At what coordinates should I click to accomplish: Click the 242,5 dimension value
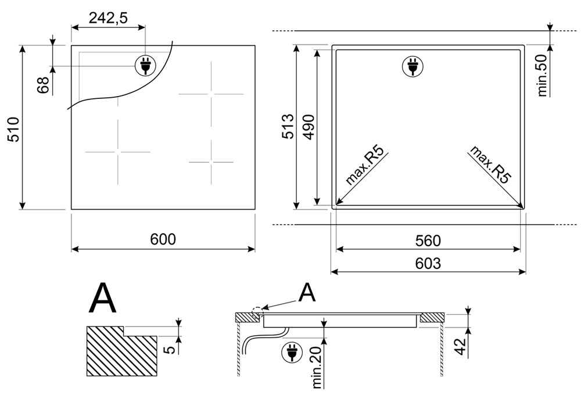click(x=108, y=17)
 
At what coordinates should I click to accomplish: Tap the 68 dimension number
click(x=44, y=85)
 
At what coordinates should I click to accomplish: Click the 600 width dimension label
click(x=163, y=239)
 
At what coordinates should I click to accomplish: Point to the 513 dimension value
click(x=288, y=127)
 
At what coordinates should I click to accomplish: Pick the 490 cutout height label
click(x=309, y=127)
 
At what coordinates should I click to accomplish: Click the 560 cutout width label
click(x=428, y=241)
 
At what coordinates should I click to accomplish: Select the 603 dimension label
click(x=428, y=264)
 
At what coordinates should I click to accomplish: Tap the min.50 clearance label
click(x=541, y=76)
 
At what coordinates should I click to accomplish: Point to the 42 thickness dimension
click(x=460, y=347)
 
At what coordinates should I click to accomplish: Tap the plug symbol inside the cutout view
click(x=413, y=67)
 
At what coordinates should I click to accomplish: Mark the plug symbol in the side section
click(x=292, y=353)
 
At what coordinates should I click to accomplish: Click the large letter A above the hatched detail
click(x=103, y=298)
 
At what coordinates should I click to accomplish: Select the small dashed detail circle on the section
click(x=257, y=313)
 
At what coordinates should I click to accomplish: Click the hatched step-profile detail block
click(x=122, y=351)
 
